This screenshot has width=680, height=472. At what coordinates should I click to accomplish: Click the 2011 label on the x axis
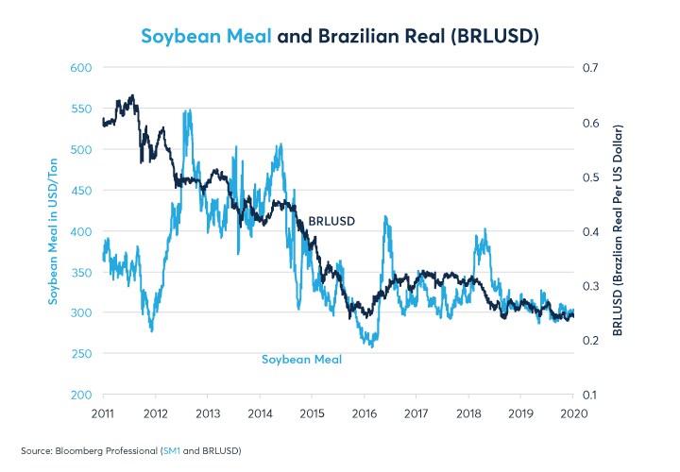point(104,413)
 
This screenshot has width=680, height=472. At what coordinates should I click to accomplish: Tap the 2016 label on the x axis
point(365,413)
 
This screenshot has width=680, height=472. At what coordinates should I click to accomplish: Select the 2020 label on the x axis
point(573,413)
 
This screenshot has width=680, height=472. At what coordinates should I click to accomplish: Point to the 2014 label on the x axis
point(261,413)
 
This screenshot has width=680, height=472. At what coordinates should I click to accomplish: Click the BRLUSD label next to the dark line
point(331,221)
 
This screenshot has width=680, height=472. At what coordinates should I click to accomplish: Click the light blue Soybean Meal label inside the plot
point(301,360)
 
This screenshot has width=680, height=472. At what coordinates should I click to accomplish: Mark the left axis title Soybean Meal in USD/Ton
point(55,231)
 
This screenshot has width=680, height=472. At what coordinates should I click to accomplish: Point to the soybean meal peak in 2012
point(188,110)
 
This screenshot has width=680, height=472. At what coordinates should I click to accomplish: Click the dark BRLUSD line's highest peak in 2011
point(132,94)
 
